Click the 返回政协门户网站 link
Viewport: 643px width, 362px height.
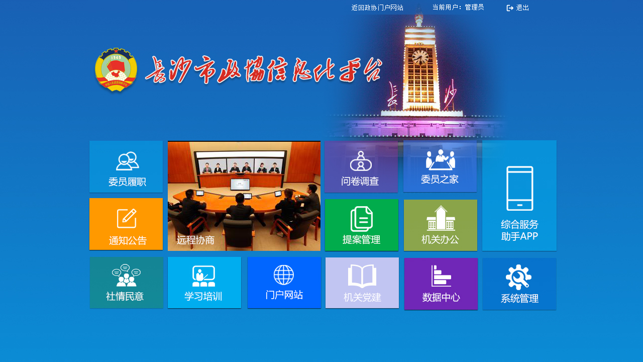[x=377, y=8]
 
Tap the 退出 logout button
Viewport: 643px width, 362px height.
[x=517, y=8]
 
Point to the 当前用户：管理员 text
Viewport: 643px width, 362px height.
[x=458, y=7]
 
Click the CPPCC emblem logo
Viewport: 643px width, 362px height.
[x=116, y=70]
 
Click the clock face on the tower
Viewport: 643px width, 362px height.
[x=420, y=57]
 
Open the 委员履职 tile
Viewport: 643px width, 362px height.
[x=126, y=166]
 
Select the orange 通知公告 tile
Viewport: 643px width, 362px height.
[x=126, y=224]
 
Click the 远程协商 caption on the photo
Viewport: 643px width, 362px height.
[x=195, y=240]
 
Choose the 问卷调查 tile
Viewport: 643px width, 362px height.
[x=361, y=166]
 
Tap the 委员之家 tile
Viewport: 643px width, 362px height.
[x=440, y=166]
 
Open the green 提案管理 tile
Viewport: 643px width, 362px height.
[x=362, y=225]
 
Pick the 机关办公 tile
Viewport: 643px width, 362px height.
[x=441, y=225]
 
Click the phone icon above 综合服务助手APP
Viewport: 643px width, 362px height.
[x=520, y=189]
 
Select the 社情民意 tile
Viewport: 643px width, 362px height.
[x=127, y=283]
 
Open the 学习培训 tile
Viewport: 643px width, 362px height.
[x=204, y=283]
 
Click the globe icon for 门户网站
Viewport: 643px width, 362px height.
[x=284, y=275]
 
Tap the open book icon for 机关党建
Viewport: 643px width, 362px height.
[x=362, y=276]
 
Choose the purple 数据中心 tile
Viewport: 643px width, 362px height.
[x=441, y=284]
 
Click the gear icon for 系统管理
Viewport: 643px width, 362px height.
[x=519, y=277]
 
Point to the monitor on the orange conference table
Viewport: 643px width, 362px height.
[x=240, y=184]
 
